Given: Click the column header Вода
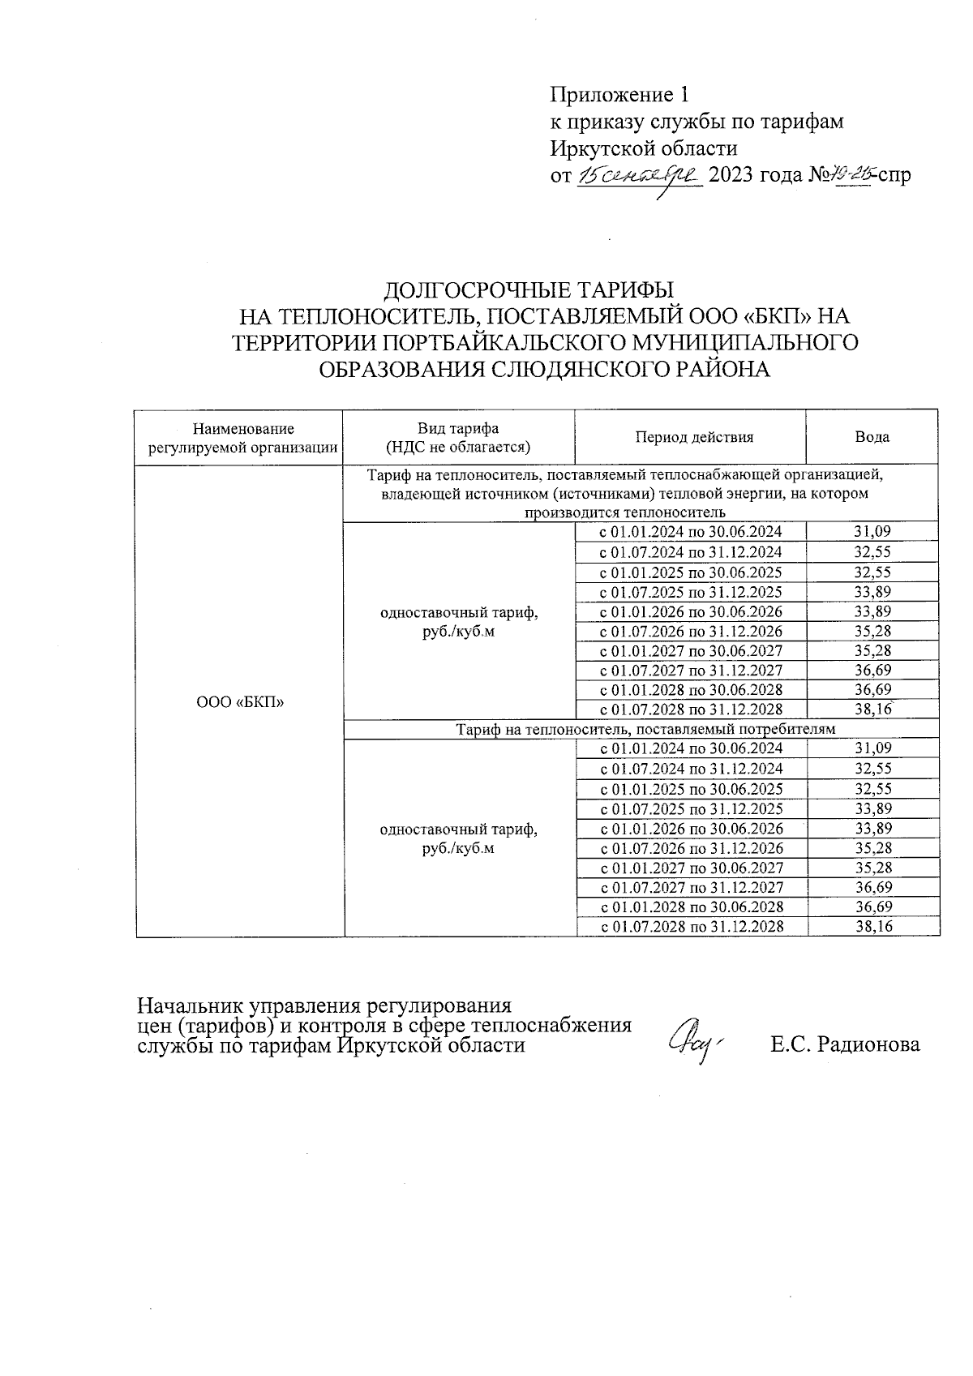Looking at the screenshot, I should [x=872, y=437].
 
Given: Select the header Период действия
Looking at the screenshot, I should [x=694, y=437].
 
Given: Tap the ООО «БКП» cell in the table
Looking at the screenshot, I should [x=240, y=701].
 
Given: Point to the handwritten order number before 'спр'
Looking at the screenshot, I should [x=851, y=174].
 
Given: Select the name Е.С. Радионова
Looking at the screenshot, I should [x=845, y=1044].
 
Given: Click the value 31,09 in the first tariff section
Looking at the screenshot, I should [x=872, y=532].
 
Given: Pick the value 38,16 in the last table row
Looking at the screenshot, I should [x=874, y=926].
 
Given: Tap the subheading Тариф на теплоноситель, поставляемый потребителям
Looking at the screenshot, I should [x=645, y=729].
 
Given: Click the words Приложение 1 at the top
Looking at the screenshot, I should [x=619, y=96].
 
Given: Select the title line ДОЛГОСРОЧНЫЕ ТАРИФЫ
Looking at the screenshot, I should [x=529, y=289].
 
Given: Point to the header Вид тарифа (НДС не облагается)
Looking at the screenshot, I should [x=458, y=437].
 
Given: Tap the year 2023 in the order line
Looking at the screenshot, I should [x=732, y=175].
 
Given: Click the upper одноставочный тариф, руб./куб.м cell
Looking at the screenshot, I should [x=458, y=622].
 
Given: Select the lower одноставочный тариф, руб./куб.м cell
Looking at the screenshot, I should [x=458, y=838].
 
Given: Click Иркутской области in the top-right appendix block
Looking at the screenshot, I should [x=645, y=148].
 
